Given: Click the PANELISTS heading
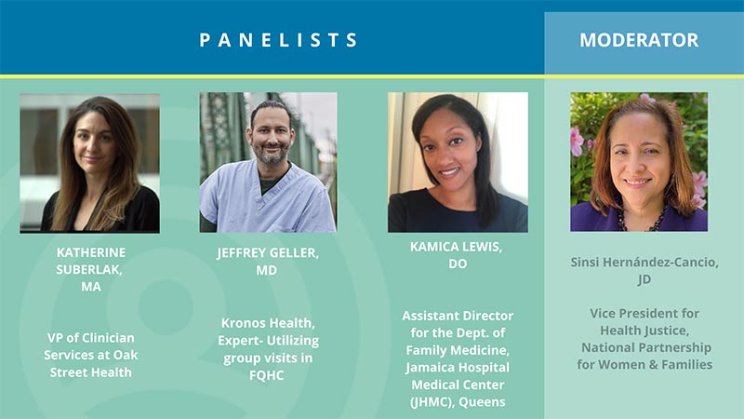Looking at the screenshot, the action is pos(278,40).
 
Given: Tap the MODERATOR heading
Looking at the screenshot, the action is pos(639,40).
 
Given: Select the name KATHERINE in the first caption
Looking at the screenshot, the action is pos(91,252).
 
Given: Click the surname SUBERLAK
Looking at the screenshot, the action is pos(88,269).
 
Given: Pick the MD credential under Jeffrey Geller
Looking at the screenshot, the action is pos(266,270).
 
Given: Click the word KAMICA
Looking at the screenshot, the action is pos(434,247).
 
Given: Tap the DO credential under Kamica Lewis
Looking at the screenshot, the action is pos(458,264).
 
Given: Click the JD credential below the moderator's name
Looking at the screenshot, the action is pos(644,279).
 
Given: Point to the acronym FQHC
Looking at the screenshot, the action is pos(266,375).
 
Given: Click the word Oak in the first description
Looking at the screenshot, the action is pos(128,355).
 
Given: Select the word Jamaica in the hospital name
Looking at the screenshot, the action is pos(428,368).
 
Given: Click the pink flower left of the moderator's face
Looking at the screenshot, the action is pos(577,141).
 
